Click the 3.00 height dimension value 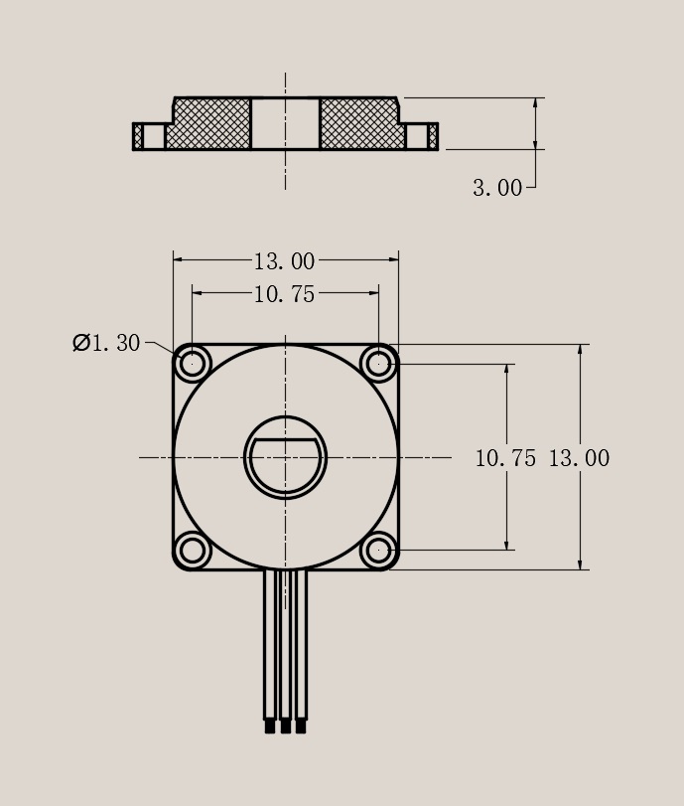496,188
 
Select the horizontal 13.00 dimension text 284,261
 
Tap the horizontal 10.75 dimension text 284,294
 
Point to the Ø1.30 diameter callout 106,343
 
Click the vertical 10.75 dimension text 505,458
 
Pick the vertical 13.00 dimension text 579,458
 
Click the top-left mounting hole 193,364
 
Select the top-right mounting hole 378,364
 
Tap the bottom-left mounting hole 193,550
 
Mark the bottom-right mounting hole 378,550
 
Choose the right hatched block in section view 359,124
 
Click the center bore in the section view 285,124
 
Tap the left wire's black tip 270,726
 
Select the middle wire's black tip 285,726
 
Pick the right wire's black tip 301,726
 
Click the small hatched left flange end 138,136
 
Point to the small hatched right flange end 433,136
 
